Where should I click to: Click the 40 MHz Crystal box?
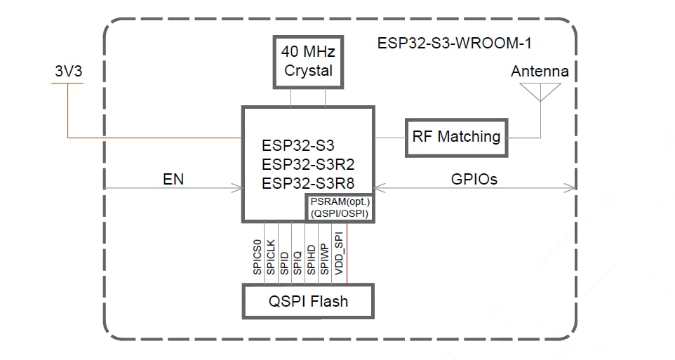click(308, 61)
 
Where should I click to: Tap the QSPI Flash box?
click(308, 302)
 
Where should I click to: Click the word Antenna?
click(540, 72)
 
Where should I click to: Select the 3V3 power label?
click(67, 72)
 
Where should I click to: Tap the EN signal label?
click(173, 179)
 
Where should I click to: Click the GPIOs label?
click(474, 179)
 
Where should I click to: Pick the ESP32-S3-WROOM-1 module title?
click(455, 44)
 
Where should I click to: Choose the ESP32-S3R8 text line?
click(307, 184)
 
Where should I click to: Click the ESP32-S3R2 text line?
click(307, 166)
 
